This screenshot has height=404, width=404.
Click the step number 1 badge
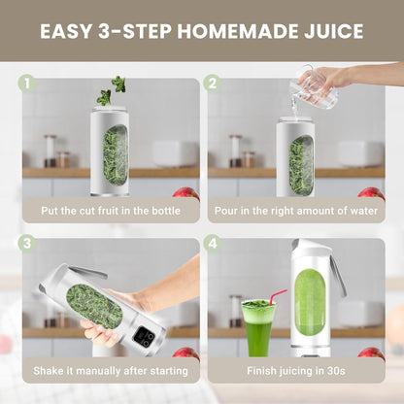pyautogui.click(x=28, y=84)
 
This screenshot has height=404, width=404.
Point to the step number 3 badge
pyautogui.click(x=28, y=242)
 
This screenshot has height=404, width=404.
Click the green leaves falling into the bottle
pyautogui.click(x=110, y=91)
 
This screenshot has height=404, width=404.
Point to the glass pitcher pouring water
pyautogui.click(x=316, y=90)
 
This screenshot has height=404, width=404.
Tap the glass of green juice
pyautogui.click(x=257, y=327)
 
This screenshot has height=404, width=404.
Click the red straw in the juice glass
pyautogui.click(x=277, y=296)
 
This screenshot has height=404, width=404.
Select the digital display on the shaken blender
pyautogui.click(x=145, y=336)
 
